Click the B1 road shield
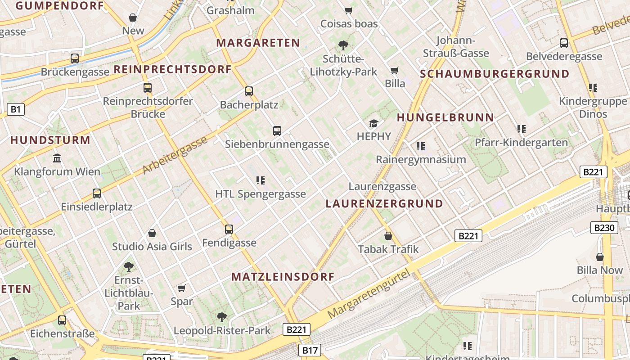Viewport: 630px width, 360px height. (x=15, y=109)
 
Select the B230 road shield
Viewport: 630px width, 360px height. (x=604, y=228)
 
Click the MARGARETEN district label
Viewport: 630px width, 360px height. (x=258, y=43)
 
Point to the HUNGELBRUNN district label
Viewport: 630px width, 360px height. (x=445, y=118)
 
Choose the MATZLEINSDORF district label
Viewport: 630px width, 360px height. (x=283, y=277)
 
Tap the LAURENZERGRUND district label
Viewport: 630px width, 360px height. (x=384, y=204)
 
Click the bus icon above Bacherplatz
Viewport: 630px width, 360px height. (x=249, y=91)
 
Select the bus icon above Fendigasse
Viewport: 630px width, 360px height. (x=229, y=229)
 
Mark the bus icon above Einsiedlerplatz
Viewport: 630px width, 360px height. (x=97, y=193)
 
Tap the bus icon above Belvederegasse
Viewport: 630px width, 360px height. (x=564, y=43)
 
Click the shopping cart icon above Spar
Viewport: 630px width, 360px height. (x=182, y=288)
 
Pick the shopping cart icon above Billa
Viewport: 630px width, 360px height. (x=395, y=70)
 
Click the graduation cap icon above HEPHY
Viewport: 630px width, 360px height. (x=373, y=123)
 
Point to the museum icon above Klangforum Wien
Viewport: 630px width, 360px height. (x=57, y=158)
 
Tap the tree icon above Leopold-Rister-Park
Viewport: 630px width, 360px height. (x=222, y=317)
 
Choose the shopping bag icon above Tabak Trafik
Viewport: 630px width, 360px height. (x=388, y=236)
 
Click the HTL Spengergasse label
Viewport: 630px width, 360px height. (x=261, y=194)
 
